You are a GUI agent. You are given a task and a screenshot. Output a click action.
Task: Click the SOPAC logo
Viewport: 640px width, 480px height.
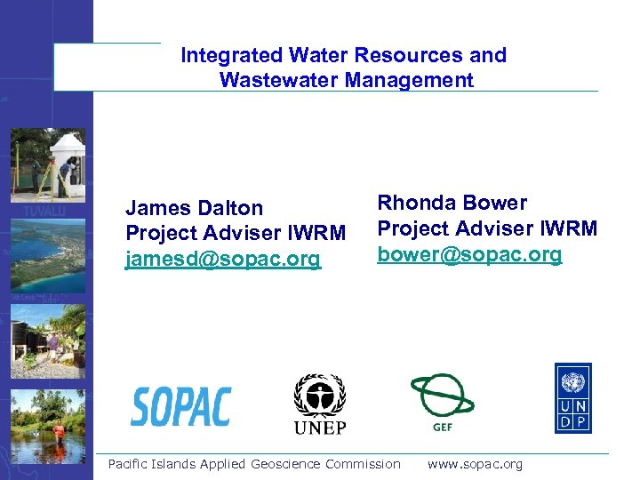pos(181,406)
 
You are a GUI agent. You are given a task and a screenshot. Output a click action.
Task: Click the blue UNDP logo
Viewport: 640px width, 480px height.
pos(573,397)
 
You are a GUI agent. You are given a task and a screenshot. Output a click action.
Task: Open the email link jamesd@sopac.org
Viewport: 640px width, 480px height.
pos(222,260)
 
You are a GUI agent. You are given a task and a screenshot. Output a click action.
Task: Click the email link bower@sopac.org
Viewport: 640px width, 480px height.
pos(469,254)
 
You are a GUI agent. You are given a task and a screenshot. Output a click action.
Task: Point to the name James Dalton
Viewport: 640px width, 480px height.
pos(194,208)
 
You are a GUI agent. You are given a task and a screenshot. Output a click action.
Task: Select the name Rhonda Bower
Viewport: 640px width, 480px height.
pos(452,203)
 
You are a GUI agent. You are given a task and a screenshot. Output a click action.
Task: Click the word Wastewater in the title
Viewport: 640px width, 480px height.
pos(273,80)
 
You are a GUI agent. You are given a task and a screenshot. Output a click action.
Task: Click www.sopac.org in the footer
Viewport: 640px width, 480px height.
pos(475,464)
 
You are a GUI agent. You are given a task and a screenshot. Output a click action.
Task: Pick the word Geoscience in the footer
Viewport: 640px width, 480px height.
pos(286,464)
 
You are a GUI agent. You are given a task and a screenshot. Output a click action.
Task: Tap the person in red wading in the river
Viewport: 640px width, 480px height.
pos(59,432)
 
